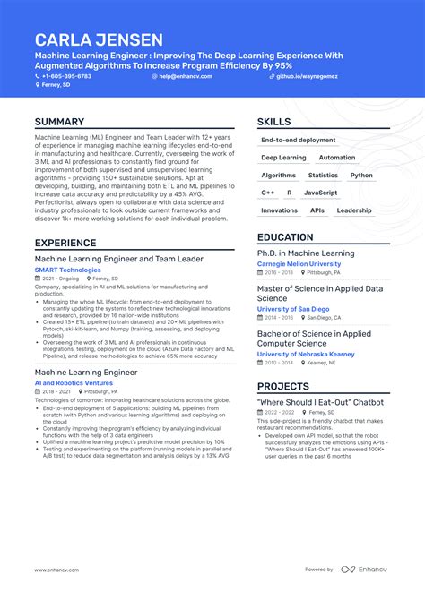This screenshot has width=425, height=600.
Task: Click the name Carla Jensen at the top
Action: point(99,39)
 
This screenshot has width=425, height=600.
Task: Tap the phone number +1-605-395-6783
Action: point(65,77)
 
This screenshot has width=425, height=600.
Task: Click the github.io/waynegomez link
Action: point(308,77)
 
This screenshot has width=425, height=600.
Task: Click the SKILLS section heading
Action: point(273,122)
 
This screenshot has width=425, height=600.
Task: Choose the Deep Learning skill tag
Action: point(283,158)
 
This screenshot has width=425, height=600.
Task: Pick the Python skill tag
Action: point(361,176)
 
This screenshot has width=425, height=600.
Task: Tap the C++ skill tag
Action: point(268,193)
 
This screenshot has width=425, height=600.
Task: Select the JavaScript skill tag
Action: point(320,193)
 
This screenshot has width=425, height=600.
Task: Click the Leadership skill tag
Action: point(353,210)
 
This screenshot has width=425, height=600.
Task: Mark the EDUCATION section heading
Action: point(285,237)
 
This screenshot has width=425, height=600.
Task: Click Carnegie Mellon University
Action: point(299,264)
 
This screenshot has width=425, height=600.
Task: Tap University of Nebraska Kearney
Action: point(306,354)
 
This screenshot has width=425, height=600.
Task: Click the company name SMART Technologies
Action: point(68,270)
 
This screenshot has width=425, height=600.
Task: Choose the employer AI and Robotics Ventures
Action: point(74,382)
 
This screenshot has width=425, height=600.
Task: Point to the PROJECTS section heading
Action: point(283,386)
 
